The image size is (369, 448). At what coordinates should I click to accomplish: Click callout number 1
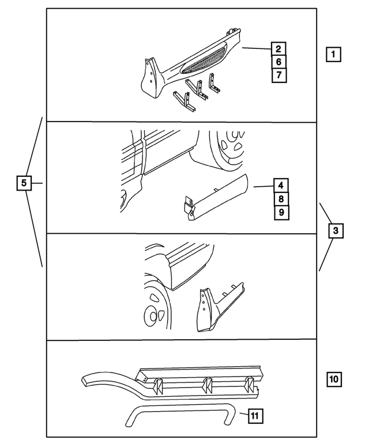pyautogui.click(x=333, y=55)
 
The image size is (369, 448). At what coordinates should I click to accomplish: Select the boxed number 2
pyautogui.click(x=278, y=49)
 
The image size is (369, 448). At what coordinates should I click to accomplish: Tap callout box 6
pyautogui.click(x=278, y=62)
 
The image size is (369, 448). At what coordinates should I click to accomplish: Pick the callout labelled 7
pyautogui.click(x=278, y=74)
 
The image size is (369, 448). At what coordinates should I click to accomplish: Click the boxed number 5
pyautogui.click(x=24, y=184)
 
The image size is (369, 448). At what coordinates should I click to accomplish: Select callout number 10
pyautogui.click(x=334, y=379)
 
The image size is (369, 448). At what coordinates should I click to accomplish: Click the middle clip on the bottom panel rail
pyautogui.click(x=206, y=384)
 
